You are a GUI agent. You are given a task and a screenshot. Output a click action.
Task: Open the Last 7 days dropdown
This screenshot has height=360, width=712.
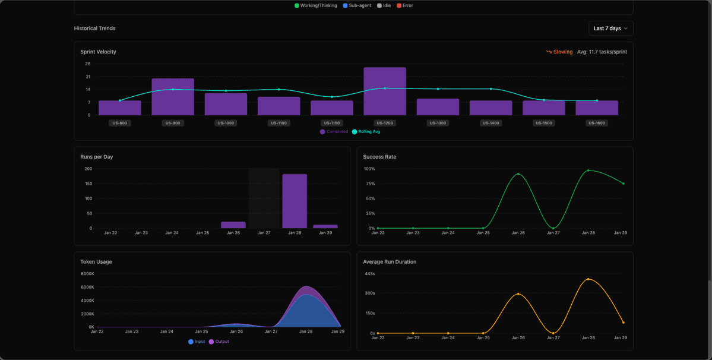[610, 29]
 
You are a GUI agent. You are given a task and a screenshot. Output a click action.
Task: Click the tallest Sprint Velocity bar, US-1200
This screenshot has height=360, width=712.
[385, 91]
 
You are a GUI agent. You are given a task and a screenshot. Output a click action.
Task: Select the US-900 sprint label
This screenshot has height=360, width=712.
[172, 123]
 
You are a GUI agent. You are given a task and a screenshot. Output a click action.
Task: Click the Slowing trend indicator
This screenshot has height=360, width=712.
[559, 52]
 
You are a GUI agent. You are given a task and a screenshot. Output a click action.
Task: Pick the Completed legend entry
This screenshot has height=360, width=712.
[334, 132]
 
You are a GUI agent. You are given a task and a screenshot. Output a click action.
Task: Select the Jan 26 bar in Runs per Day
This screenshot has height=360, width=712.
[233, 225]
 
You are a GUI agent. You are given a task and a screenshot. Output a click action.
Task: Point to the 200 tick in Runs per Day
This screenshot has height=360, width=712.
[88, 169]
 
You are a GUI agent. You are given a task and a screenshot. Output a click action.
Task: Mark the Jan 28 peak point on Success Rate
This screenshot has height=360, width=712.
[588, 170]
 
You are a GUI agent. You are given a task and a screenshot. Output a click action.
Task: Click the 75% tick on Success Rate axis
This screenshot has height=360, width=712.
[370, 184]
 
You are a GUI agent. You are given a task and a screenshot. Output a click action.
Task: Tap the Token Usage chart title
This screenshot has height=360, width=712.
[96, 262]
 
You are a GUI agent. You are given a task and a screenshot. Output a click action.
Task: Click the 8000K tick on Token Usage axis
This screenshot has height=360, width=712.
[87, 274]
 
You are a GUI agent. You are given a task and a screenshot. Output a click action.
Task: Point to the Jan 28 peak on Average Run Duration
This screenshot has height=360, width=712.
[588, 279]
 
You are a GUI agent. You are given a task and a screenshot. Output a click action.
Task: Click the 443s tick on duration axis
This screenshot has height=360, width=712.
[369, 274]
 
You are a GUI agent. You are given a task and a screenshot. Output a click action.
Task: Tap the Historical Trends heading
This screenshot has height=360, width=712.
[94, 29]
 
